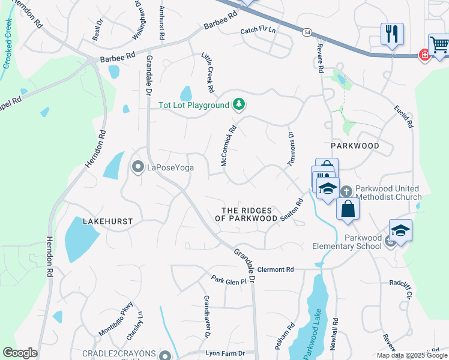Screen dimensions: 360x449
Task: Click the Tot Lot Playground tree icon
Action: [240, 105]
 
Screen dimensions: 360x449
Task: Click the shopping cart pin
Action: [439, 44]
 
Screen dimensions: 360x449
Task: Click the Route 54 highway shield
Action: [307, 31]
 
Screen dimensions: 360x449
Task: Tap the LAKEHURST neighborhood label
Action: [109, 221]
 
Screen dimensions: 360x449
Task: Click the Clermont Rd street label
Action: [277, 269]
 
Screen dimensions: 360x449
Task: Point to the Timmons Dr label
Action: [292, 148]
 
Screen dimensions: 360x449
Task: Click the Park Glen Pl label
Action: [229, 280]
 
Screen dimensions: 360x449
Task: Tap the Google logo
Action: [20, 353]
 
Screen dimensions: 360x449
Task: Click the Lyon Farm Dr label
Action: [225, 353]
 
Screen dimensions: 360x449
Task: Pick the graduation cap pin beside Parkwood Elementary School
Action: [400, 229]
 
